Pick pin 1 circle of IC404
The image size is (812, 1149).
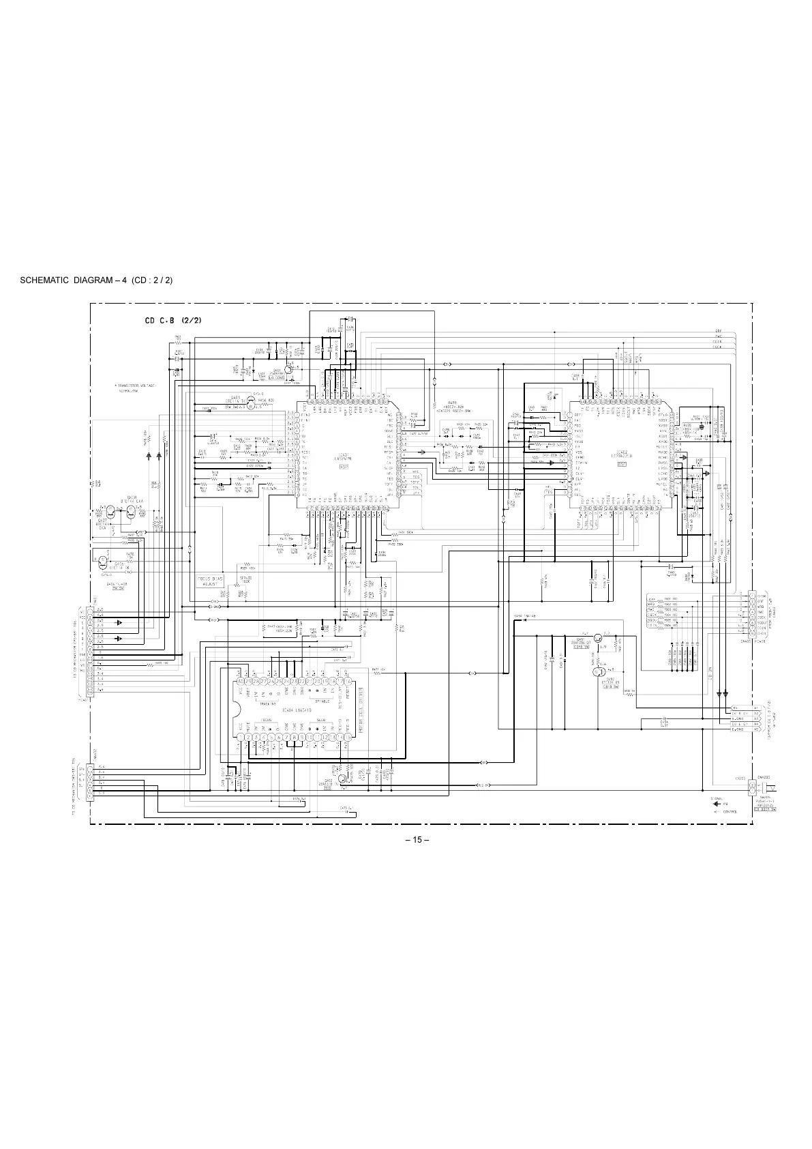pyautogui.click(x=240, y=738)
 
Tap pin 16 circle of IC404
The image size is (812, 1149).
pyautogui.click(x=348, y=682)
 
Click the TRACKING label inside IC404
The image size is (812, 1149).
pyautogui.click(x=267, y=702)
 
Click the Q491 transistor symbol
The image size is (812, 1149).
pyautogui.click(x=597, y=639)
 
